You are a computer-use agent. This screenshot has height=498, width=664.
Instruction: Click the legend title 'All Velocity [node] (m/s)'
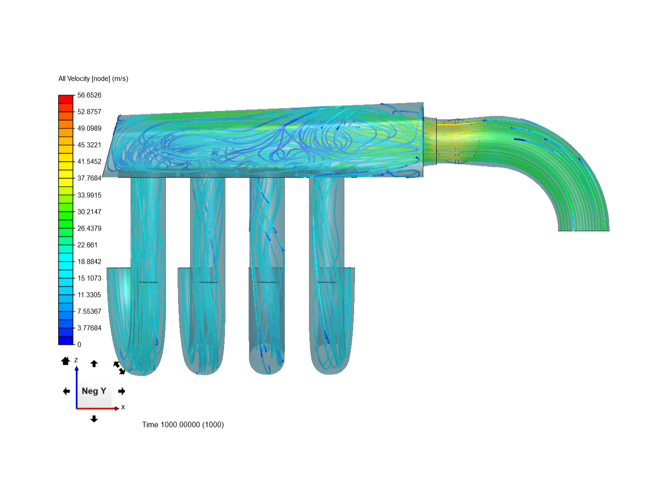click(93, 78)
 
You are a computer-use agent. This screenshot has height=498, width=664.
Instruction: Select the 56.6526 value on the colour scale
click(89, 95)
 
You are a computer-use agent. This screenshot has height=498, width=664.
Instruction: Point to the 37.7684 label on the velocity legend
click(89, 178)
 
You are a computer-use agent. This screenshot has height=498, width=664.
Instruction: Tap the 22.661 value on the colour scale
click(88, 245)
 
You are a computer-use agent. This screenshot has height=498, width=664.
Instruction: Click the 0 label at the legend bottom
click(79, 345)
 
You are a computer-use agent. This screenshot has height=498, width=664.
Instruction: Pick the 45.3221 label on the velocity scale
click(89, 145)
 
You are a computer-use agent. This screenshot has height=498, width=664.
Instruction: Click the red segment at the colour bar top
click(65, 100)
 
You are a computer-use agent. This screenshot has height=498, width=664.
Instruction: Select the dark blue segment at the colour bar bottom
click(65, 340)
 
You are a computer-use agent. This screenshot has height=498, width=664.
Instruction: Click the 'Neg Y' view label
click(94, 391)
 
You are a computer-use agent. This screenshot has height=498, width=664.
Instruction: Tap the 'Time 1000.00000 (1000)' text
click(183, 425)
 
